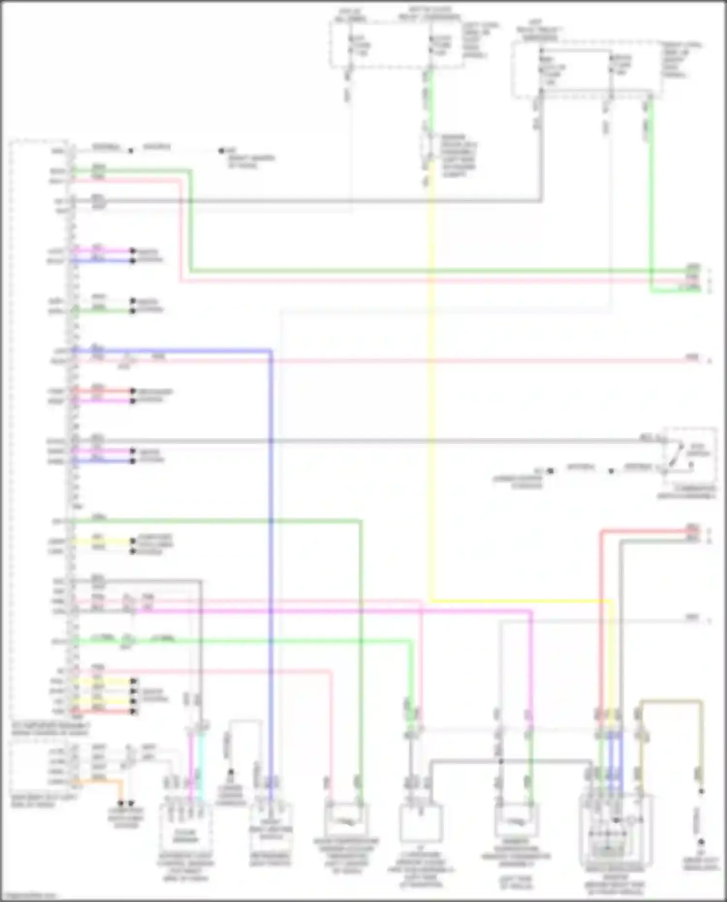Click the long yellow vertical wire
pos(431,388)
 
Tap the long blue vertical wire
pos(270,533)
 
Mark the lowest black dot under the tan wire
pos(700,842)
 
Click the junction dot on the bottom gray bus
pos(501,761)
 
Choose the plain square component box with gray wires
pos(421,823)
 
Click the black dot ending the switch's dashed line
pos(550,471)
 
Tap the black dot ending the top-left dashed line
pos(221,151)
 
